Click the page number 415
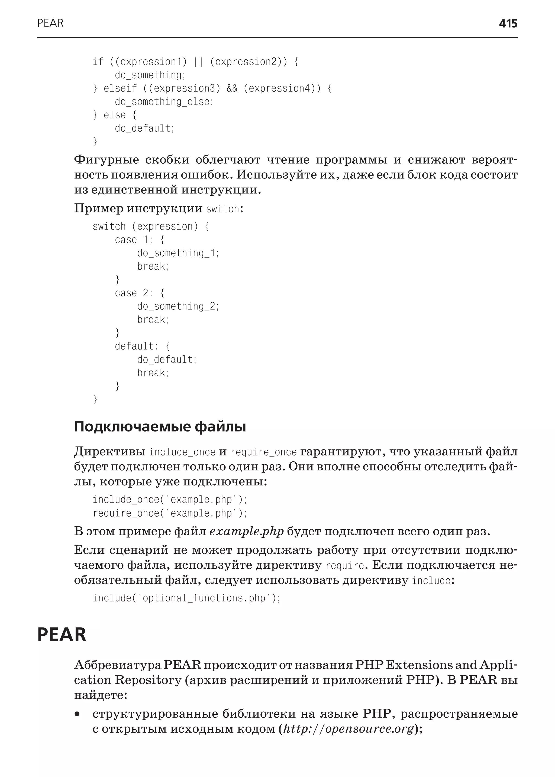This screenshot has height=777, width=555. click(x=508, y=24)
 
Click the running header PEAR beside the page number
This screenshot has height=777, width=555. click(x=50, y=23)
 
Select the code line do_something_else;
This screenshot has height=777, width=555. click(x=164, y=102)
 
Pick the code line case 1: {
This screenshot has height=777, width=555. click(x=140, y=240)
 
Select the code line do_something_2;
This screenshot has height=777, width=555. click(x=178, y=306)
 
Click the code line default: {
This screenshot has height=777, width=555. click(x=142, y=347)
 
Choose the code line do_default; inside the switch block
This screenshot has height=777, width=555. click(x=167, y=360)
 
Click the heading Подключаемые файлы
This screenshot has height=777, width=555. click(x=160, y=427)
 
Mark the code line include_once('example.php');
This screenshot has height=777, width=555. click(x=169, y=500)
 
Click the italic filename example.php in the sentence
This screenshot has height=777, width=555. click(x=246, y=532)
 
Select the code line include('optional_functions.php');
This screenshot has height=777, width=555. click(x=186, y=598)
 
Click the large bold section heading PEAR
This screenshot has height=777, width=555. click(x=62, y=634)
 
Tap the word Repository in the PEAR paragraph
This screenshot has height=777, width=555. click(x=148, y=680)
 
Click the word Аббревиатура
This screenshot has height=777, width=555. click(x=117, y=665)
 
